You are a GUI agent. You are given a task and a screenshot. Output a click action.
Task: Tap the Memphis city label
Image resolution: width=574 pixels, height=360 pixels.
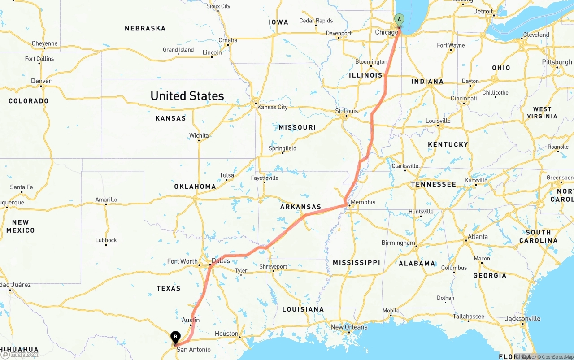click(x=363, y=202)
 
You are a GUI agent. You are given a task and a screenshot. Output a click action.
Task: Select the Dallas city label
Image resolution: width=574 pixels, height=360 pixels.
click(x=221, y=261)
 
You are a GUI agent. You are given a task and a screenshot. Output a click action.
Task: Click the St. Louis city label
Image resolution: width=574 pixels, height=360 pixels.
click(x=346, y=111)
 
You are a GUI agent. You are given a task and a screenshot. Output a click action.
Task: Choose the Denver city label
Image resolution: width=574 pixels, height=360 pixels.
click(x=41, y=81)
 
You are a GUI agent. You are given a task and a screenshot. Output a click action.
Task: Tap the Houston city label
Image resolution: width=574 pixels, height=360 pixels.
click(x=226, y=334)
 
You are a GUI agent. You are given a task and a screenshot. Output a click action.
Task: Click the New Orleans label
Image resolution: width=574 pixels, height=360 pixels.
click(x=349, y=327)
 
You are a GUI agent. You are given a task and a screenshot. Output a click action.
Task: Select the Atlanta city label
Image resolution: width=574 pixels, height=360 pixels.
click(x=478, y=237)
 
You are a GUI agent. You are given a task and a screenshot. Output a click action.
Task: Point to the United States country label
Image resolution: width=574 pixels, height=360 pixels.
click(x=187, y=96)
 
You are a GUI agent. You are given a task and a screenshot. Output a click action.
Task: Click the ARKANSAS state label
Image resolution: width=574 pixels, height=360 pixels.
click(x=300, y=207)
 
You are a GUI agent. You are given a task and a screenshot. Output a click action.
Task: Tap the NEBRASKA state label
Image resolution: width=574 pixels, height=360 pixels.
click(x=145, y=28)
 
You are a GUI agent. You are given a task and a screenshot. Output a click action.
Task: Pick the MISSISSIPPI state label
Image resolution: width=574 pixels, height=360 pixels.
click(x=357, y=263)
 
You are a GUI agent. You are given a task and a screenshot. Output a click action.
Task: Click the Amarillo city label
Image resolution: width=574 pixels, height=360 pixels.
click(x=106, y=200)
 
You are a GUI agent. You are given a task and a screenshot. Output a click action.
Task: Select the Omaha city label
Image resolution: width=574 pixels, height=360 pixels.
click(x=228, y=40)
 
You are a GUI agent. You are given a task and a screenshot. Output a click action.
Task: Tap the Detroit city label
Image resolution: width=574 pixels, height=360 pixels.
click(x=483, y=11)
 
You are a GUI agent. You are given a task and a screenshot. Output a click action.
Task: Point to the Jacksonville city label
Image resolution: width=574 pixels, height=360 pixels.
click(x=523, y=319)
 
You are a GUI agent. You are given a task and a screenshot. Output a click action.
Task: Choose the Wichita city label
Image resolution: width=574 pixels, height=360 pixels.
click(x=199, y=135)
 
